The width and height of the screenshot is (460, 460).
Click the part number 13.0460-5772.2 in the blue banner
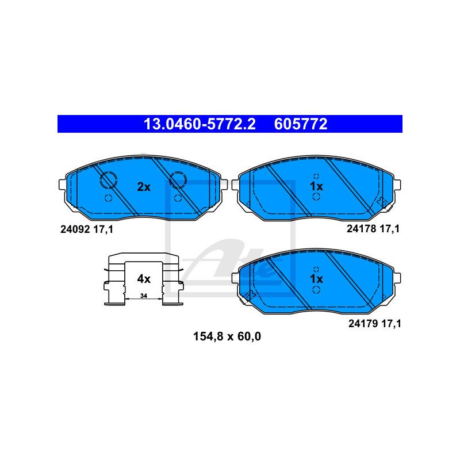[x=199, y=124]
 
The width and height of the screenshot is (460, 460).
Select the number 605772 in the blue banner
[x=301, y=124]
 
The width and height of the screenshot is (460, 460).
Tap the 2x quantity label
[x=143, y=187]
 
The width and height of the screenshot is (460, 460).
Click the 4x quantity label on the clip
[x=143, y=279]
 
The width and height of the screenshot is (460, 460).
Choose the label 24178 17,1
[x=373, y=228]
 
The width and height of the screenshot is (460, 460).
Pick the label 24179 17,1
[x=374, y=323]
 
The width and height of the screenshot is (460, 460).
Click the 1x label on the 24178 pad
[x=316, y=186]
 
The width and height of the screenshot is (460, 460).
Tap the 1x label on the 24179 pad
[x=316, y=279]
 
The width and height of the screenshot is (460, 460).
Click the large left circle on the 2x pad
[x=108, y=181]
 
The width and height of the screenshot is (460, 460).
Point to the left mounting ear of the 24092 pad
[x=63, y=185]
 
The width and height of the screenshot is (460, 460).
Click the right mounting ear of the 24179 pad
[x=396, y=278]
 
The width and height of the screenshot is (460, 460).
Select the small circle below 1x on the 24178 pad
[x=316, y=197]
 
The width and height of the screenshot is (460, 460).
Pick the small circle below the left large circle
[x=108, y=198]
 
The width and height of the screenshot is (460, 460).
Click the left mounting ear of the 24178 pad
[x=236, y=185]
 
